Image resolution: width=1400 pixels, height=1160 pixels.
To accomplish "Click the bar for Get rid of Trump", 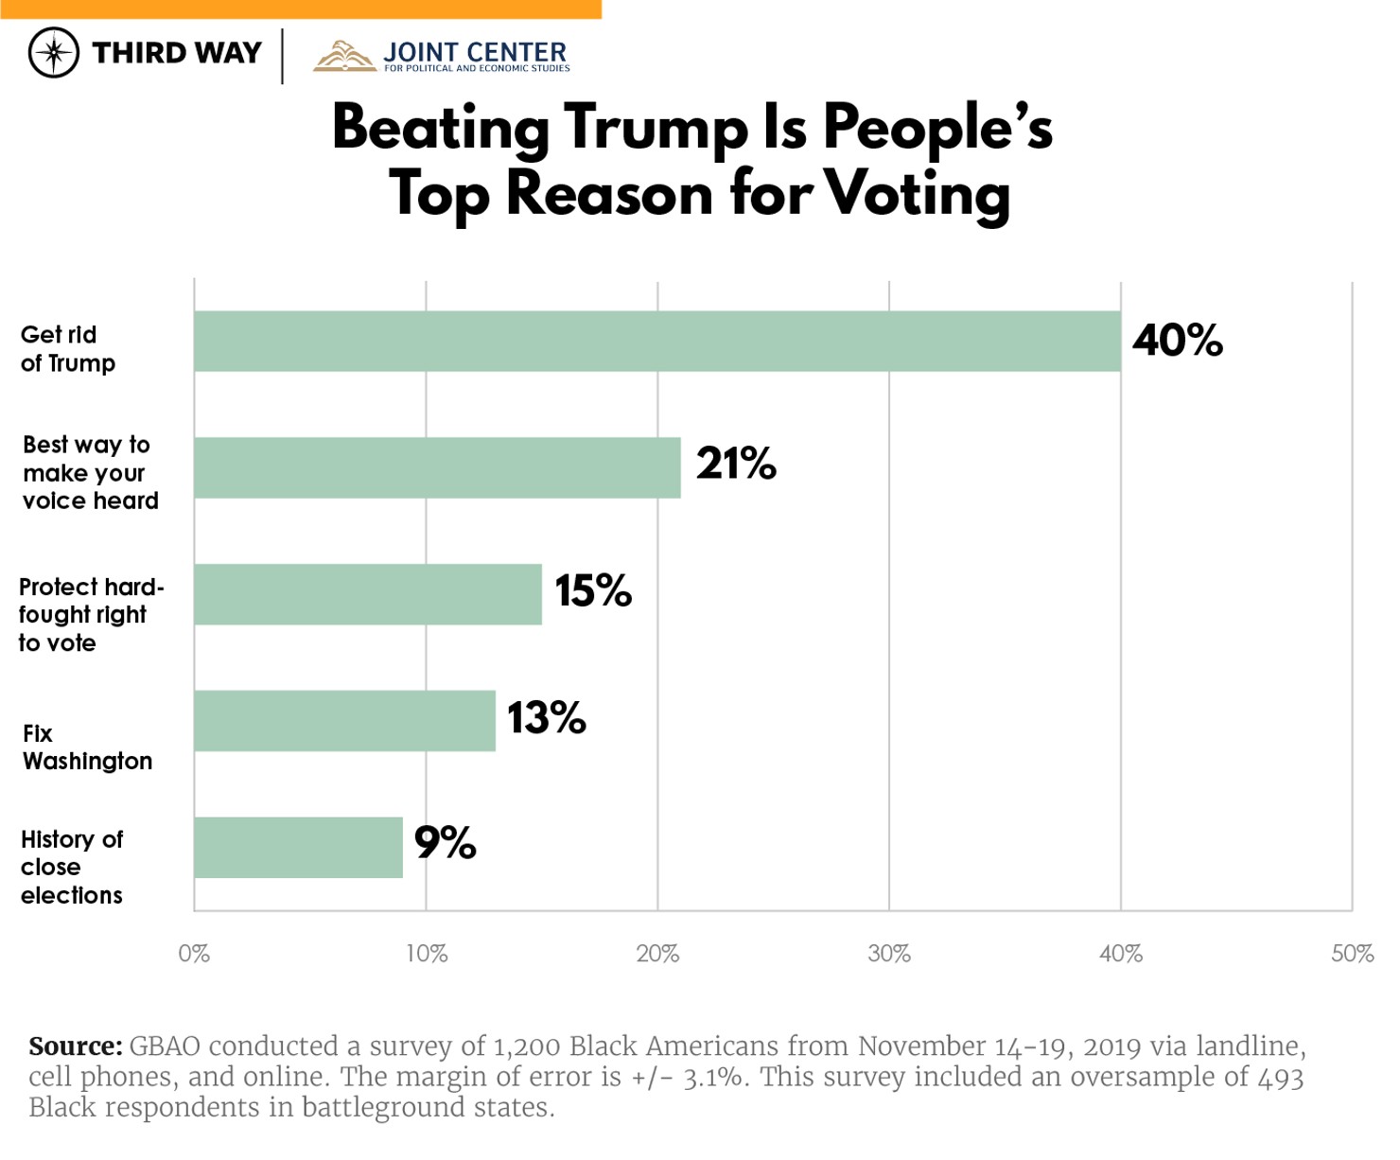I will [x=656, y=341].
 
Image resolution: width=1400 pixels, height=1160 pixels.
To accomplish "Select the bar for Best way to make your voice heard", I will [x=437, y=467].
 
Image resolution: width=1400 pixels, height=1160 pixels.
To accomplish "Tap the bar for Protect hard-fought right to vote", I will [x=368, y=594].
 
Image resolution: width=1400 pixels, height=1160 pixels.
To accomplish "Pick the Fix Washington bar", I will [x=344, y=721].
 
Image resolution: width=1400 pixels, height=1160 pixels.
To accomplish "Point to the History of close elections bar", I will [x=298, y=848].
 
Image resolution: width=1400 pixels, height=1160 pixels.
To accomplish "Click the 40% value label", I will [x=1177, y=341].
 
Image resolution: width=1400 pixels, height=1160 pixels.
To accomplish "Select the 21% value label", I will [x=736, y=464].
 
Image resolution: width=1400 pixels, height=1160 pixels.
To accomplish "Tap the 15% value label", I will [x=593, y=591].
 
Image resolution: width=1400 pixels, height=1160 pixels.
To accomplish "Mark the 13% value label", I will [x=547, y=718].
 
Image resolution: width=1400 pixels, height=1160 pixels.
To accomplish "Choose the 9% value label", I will [x=445, y=842].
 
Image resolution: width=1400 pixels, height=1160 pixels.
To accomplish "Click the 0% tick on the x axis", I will [x=194, y=954].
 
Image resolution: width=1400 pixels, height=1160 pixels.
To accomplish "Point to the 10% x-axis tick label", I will [x=427, y=954].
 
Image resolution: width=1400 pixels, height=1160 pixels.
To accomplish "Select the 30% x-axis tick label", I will [x=889, y=954].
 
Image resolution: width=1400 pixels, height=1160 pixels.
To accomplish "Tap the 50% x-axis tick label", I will [x=1352, y=954].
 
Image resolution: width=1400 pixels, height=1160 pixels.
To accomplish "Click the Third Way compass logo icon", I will [x=54, y=53].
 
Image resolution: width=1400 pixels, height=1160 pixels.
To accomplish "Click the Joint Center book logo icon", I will [x=344, y=56].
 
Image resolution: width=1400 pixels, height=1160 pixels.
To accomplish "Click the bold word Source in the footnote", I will [x=75, y=1046].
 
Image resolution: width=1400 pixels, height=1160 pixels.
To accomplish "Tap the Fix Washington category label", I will [x=87, y=747].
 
